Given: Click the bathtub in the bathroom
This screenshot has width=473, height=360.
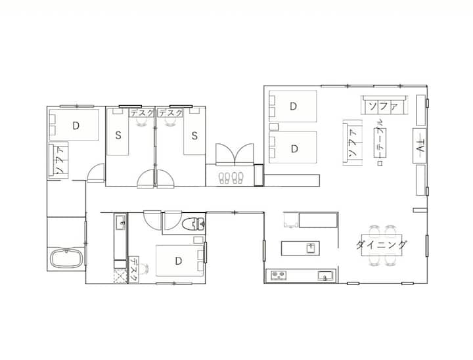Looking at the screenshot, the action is (x=66, y=259).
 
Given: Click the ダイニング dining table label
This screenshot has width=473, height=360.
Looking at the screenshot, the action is (x=381, y=244).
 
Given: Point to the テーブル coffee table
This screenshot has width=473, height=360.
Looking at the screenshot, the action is (x=380, y=143).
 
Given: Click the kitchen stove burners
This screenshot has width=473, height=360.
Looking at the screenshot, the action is (x=279, y=275).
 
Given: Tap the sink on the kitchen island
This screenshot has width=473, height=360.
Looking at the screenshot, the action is (x=311, y=248).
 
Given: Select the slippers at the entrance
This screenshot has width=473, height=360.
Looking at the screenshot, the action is (x=231, y=178).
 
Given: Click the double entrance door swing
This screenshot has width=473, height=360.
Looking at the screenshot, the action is (x=235, y=154).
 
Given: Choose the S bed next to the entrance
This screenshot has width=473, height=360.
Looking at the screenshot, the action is (x=194, y=135).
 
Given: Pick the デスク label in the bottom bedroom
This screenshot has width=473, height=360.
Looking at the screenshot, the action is (x=133, y=269).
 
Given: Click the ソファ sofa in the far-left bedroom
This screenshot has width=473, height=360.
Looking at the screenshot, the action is (x=58, y=160).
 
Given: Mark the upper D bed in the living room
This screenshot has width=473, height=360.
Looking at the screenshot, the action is (x=293, y=106).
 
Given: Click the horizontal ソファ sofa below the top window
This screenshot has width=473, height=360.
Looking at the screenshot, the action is (x=384, y=105).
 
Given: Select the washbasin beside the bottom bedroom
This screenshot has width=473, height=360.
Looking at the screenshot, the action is (x=120, y=222).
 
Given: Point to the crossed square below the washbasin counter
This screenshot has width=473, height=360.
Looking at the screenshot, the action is (x=120, y=276).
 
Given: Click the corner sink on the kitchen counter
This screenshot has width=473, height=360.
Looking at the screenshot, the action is (x=325, y=275).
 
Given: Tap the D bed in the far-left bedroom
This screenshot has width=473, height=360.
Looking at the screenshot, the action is (x=74, y=125).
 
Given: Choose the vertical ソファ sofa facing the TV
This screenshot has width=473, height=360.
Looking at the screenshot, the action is (x=352, y=143).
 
